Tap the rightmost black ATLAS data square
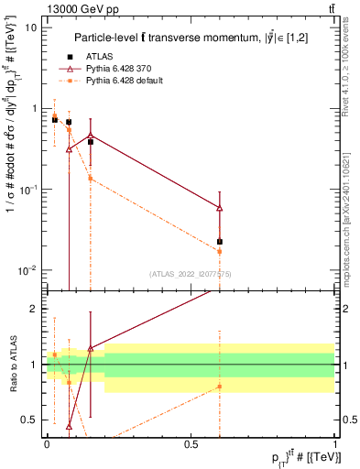point(220,242)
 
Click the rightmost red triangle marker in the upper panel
point(220,208)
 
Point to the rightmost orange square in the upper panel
point(220,251)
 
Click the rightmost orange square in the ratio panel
point(220,387)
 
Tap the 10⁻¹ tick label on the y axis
point(27,190)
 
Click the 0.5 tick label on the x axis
point(191,443)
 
